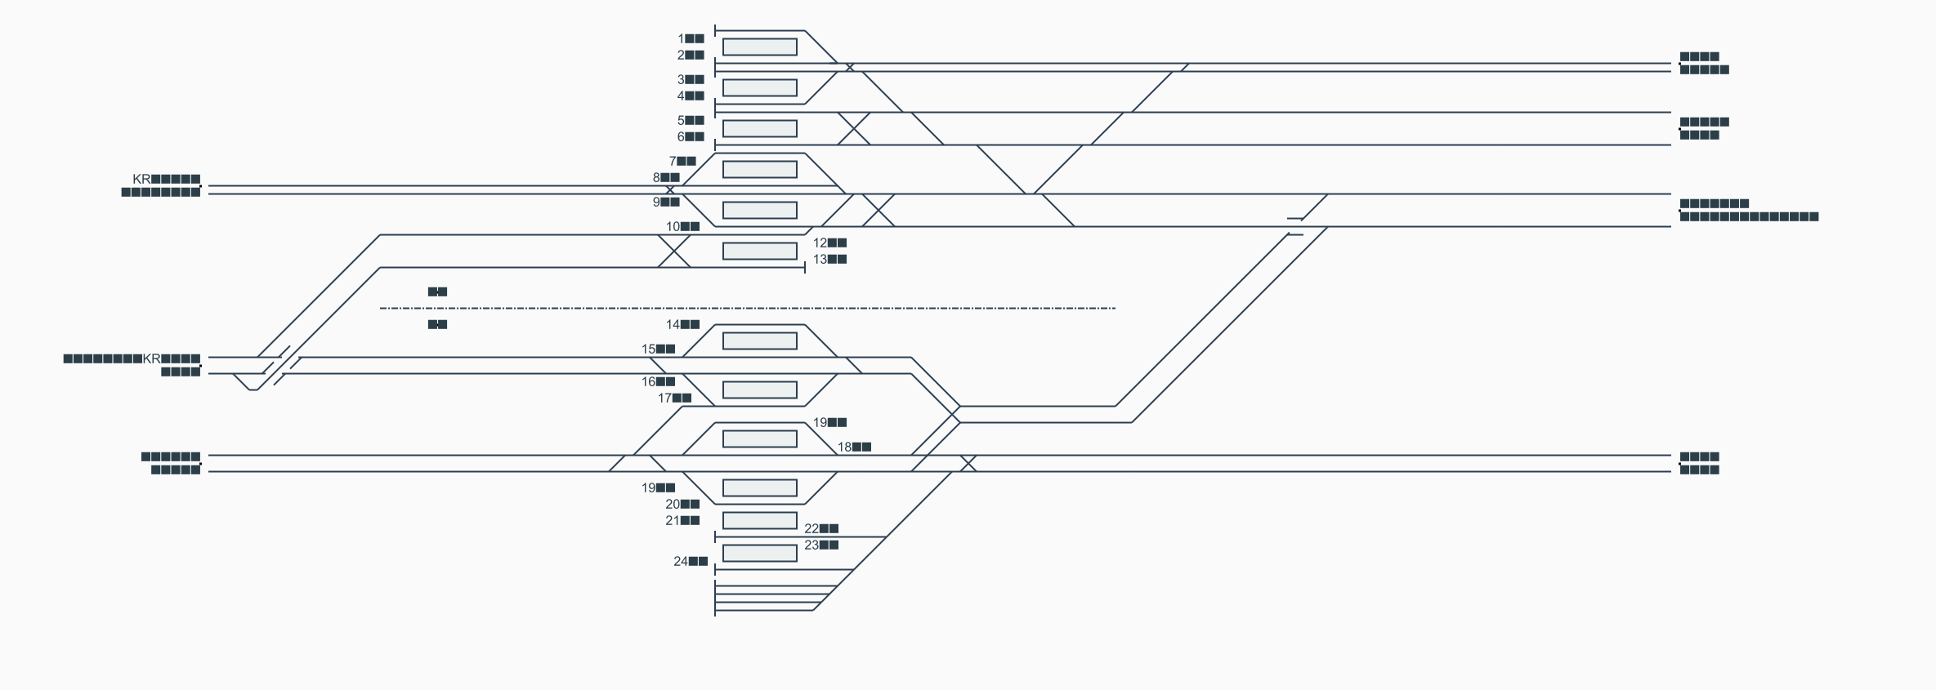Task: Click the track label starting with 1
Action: click(691, 38)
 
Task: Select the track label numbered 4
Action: click(691, 96)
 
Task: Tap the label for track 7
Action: click(682, 161)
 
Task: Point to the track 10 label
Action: click(682, 226)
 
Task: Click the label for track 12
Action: click(829, 243)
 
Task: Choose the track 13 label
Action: click(829, 259)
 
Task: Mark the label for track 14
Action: click(682, 324)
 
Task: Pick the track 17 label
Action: click(674, 398)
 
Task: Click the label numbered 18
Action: click(854, 447)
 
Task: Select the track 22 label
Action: click(821, 528)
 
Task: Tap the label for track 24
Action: click(691, 561)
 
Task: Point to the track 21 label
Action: click(682, 520)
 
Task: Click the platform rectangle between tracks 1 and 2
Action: click(759, 47)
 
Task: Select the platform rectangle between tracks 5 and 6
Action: click(759, 128)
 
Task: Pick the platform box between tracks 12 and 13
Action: click(759, 251)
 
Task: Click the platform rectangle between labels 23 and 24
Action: click(759, 553)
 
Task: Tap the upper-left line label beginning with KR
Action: click(166, 179)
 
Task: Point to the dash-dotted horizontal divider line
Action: click(748, 308)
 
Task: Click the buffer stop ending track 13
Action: click(805, 267)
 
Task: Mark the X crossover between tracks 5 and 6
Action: click(854, 128)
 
